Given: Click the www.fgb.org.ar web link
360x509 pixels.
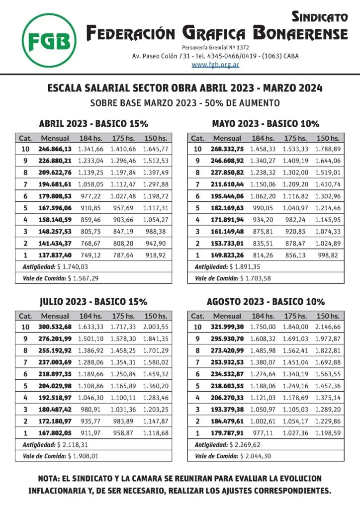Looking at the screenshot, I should (215, 65).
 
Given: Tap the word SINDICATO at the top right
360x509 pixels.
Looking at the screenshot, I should (319, 17).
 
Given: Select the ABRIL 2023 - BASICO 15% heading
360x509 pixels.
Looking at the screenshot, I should (93, 124).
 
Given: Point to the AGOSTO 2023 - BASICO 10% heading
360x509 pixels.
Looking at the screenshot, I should (266, 302).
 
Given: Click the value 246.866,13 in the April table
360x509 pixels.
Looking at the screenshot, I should (55, 149).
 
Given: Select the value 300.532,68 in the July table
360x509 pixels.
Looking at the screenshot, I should (55, 327).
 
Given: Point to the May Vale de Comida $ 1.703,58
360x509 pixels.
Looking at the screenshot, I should (256, 278).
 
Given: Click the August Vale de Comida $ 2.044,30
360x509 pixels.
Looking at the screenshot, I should (256, 456).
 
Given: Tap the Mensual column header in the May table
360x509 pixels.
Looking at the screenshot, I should (227, 138).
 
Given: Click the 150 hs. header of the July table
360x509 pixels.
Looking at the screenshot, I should (156, 316).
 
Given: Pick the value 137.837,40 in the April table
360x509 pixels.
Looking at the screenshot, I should (55, 255).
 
